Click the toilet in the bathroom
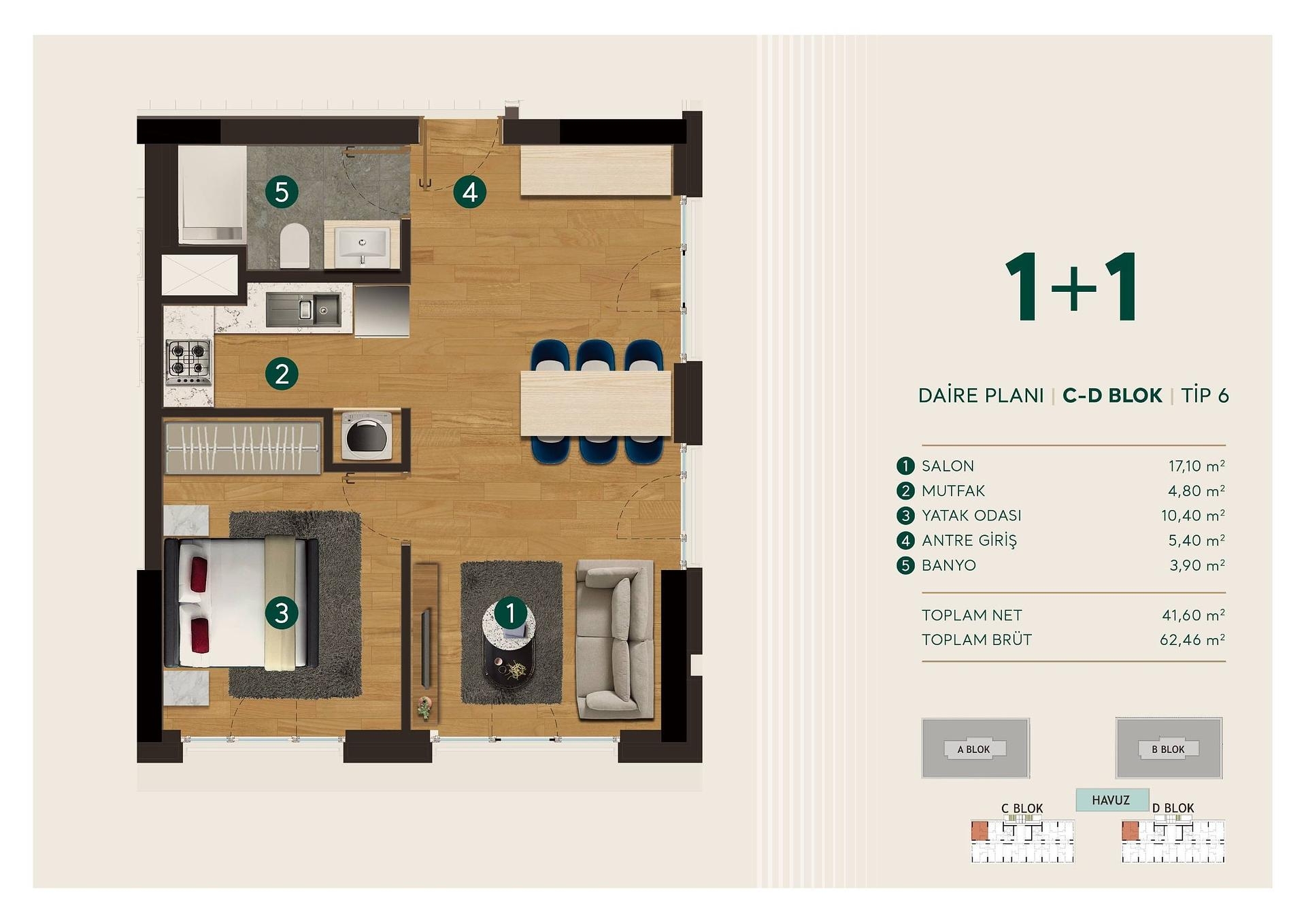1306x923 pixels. point(295,246)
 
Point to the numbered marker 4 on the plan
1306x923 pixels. point(470,192)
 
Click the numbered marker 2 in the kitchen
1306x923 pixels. point(282,373)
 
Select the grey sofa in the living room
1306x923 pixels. point(615,639)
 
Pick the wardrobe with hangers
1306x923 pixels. point(243,448)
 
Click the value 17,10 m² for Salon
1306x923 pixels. point(1196,466)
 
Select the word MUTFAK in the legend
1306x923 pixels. point(953,491)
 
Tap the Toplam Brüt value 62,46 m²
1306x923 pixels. point(1192,640)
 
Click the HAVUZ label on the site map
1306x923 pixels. point(1111,801)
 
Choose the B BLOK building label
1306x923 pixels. point(1168,750)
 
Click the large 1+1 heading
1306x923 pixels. point(1072,286)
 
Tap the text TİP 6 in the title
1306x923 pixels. point(1205,395)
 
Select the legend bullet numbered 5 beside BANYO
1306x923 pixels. point(905,565)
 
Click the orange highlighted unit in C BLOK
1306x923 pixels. point(979,830)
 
